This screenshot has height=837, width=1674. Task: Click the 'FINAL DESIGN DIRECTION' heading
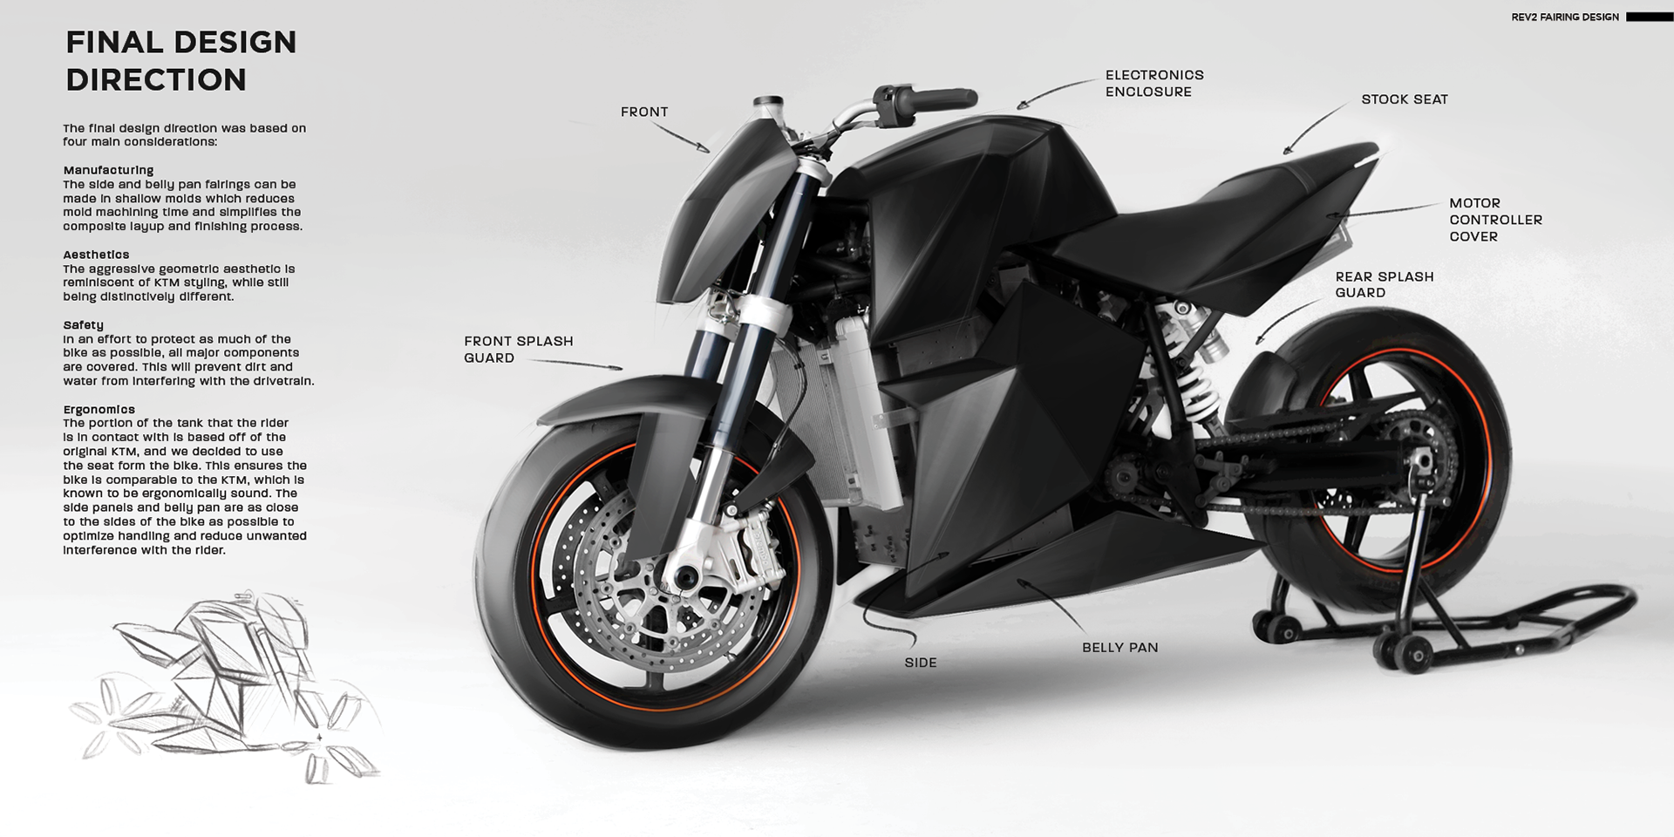click(x=181, y=60)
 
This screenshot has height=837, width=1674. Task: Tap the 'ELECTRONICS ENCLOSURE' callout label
click(x=1154, y=83)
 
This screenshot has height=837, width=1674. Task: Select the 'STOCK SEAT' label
click(x=1404, y=99)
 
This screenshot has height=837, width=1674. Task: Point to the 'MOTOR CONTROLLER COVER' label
click(x=1495, y=219)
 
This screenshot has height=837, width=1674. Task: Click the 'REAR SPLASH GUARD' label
click(x=1384, y=284)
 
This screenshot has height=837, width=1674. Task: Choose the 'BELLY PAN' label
click(x=1119, y=647)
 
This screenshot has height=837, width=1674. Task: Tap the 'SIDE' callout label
click(x=920, y=663)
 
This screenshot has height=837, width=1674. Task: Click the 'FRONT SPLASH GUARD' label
click(x=518, y=349)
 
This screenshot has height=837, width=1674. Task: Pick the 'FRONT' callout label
click(x=643, y=112)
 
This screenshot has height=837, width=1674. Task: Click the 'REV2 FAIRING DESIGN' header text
click(x=1564, y=17)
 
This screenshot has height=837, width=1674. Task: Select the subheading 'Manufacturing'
click(x=108, y=170)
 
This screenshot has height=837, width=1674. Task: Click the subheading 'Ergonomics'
click(x=99, y=409)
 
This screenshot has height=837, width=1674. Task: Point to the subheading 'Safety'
click(x=84, y=325)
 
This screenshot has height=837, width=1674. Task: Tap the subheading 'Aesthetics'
click(x=96, y=255)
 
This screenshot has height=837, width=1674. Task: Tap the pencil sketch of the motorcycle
click(x=227, y=689)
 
